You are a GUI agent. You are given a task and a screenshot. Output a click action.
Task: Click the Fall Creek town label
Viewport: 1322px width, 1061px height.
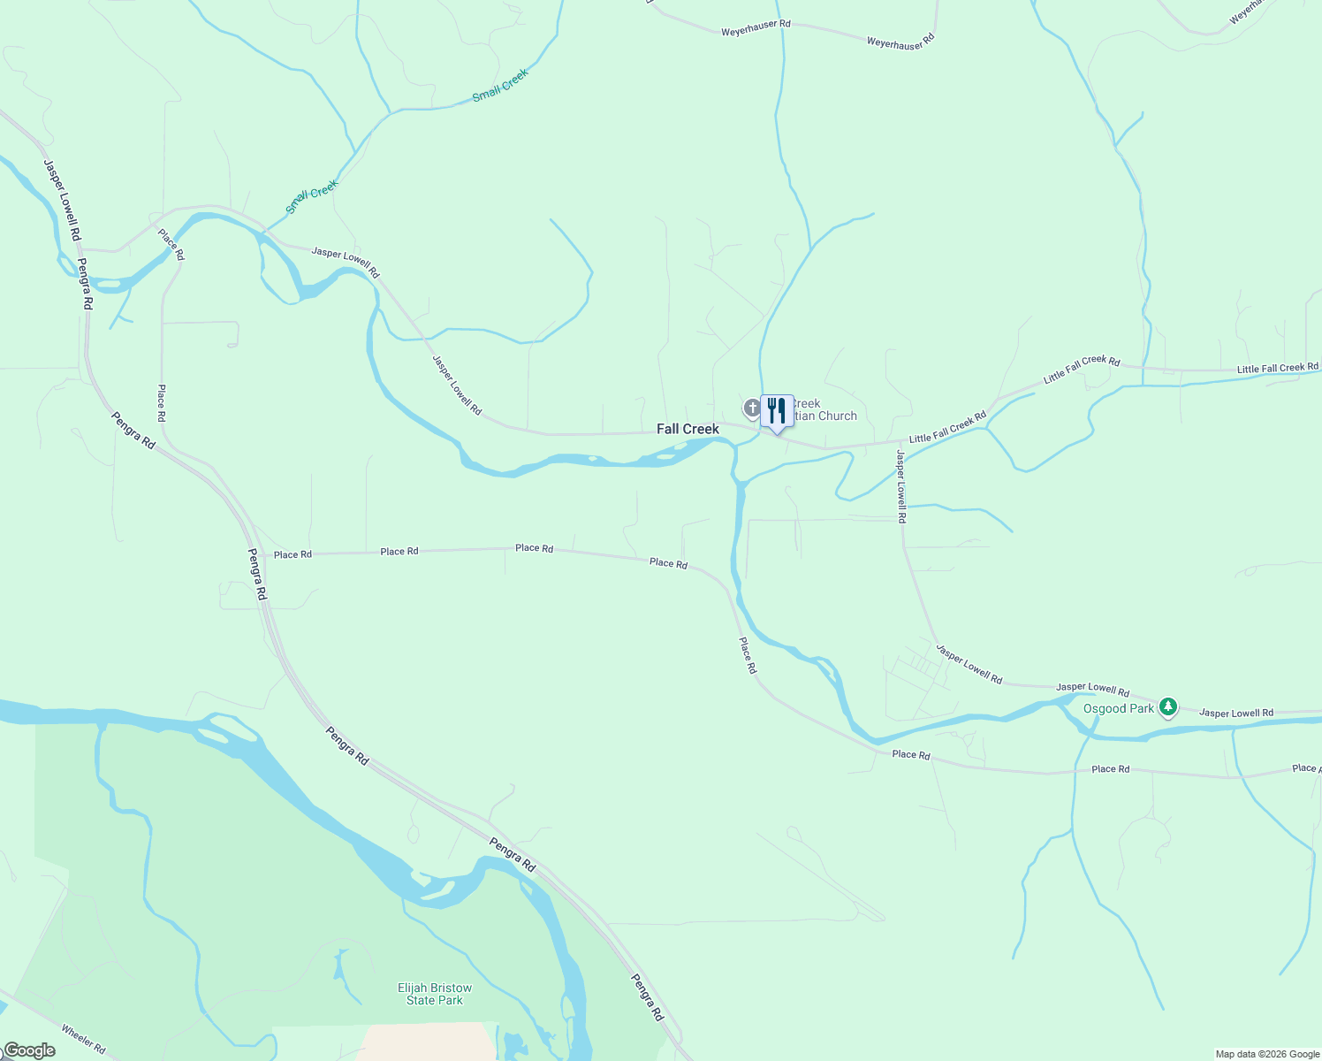(688, 429)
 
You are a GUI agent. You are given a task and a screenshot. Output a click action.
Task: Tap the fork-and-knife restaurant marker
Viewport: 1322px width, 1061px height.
(777, 411)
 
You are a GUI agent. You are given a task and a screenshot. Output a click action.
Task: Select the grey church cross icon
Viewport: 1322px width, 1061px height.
(751, 408)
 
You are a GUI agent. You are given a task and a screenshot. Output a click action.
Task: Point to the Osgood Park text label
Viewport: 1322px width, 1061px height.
(1119, 708)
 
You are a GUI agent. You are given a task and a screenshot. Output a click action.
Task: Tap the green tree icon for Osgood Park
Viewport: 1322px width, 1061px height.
(1168, 706)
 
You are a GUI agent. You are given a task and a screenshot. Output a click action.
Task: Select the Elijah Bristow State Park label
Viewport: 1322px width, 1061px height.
(435, 994)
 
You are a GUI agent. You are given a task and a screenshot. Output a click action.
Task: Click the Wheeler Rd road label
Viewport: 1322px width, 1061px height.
(83, 1039)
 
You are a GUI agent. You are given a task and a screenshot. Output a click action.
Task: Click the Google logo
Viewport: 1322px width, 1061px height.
(29, 1050)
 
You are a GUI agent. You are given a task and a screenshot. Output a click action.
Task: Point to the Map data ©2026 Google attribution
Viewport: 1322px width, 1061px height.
(1267, 1054)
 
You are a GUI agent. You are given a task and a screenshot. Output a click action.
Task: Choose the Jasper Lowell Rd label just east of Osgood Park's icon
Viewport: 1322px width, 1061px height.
(1236, 713)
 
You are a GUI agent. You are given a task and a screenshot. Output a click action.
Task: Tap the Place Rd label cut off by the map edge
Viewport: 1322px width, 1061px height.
(1305, 768)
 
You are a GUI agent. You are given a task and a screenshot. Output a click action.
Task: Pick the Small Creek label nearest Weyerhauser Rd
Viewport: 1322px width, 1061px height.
(500, 85)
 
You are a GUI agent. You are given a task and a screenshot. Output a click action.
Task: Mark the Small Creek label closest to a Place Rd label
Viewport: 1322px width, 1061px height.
(312, 196)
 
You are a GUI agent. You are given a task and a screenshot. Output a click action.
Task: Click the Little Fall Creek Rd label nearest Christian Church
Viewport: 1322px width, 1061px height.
(947, 426)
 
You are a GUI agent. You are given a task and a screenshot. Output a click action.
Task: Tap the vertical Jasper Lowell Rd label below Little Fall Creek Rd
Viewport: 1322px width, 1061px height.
(900, 486)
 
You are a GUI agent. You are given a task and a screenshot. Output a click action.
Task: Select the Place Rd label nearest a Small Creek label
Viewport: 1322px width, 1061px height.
(171, 244)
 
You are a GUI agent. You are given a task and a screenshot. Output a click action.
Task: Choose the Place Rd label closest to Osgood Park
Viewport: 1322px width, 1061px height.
(1110, 769)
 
